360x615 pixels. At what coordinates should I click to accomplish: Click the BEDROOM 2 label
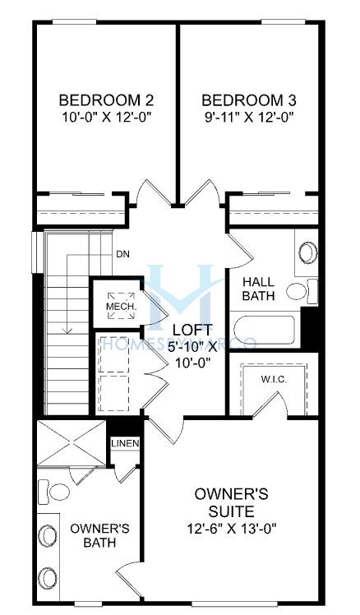click(106, 100)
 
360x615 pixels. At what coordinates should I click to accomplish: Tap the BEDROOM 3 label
click(248, 100)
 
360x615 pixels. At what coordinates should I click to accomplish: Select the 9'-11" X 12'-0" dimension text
click(249, 117)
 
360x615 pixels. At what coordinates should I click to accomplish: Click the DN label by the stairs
click(122, 254)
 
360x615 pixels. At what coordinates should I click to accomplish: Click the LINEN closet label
click(125, 444)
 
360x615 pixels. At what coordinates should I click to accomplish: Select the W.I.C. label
click(275, 380)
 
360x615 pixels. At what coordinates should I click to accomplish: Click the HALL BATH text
click(258, 289)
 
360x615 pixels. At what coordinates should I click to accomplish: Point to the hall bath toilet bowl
click(297, 291)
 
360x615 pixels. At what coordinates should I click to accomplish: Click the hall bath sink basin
click(308, 252)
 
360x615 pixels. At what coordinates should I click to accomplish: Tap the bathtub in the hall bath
click(265, 331)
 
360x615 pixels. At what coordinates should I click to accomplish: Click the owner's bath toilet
click(54, 491)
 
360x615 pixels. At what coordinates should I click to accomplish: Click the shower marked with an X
click(72, 443)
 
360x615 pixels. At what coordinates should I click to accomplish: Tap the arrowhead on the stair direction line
click(68, 331)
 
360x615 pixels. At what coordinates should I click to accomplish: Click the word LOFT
click(192, 330)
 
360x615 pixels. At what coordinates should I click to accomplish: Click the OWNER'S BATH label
click(99, 535)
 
